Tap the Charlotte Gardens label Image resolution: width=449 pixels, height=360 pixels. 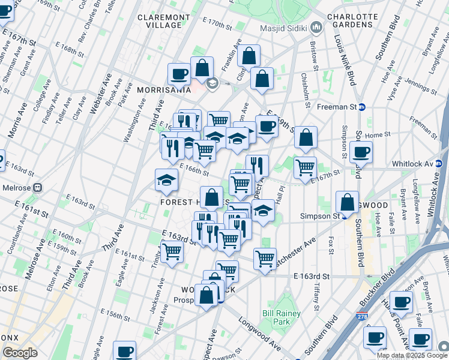353,21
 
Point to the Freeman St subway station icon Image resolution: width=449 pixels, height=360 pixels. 363,107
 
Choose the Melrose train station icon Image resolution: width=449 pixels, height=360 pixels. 38,187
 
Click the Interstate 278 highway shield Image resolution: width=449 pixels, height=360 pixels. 365,314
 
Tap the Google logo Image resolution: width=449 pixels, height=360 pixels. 20,353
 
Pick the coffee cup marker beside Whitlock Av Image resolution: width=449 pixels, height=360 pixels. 361,151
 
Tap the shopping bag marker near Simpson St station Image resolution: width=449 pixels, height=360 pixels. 348,202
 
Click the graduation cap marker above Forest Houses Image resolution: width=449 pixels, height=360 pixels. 166,178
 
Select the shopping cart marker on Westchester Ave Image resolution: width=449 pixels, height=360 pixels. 265,259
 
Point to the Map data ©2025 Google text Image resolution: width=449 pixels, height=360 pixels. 412,355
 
